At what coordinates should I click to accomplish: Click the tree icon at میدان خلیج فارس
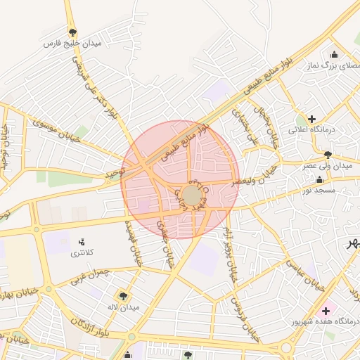pos(73,32)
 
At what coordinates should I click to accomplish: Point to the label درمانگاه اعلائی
pos(314,130)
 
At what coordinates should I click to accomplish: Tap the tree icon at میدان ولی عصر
pos(328,154)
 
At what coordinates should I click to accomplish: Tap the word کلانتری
pos(82,252)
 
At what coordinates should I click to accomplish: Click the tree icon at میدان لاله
pos(124,296)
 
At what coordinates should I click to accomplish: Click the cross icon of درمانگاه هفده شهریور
pos(325,310)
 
